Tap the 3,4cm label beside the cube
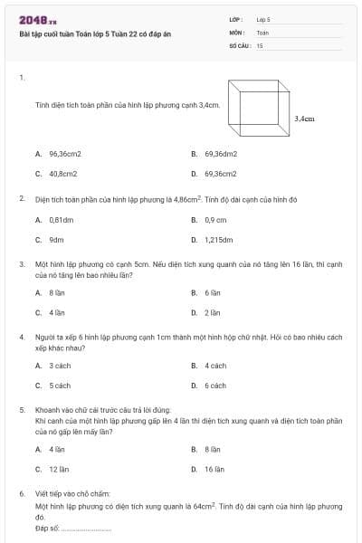305,118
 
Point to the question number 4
21,337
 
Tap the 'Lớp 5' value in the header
263,18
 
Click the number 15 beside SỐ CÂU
260,45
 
